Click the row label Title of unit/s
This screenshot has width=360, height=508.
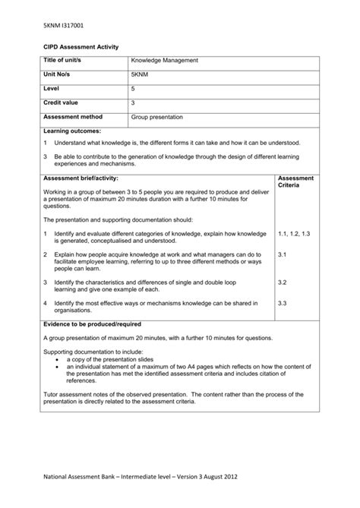(65, 59)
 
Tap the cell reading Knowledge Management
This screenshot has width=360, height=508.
(164, 59)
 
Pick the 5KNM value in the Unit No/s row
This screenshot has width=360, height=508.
(141, 74)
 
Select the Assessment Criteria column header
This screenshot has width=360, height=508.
(296, 181)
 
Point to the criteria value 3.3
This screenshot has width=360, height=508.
(283, 303)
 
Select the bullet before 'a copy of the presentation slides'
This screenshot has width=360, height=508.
(59, 358)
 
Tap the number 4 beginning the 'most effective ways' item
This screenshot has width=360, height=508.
(46, 303)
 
